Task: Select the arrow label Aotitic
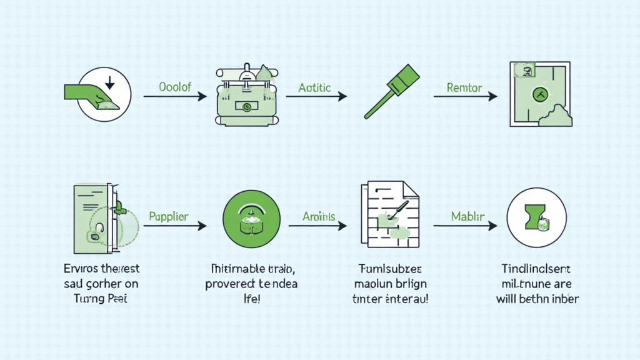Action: (x=314, y=87)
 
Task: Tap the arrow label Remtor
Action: (x=464, y=87)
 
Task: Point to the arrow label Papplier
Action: (x=169, y=217)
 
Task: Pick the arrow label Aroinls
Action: (x=319, y=217)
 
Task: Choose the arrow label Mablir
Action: (x=467, y=217)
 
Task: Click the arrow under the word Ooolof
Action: (x=174, y=97)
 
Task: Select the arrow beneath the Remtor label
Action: (x=465, y=97)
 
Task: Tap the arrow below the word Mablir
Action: (x=465, y=226)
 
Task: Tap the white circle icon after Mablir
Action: (x=537, y=218)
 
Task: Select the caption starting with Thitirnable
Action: (x=252, y=284)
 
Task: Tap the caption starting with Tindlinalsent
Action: (x=537, y=284)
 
